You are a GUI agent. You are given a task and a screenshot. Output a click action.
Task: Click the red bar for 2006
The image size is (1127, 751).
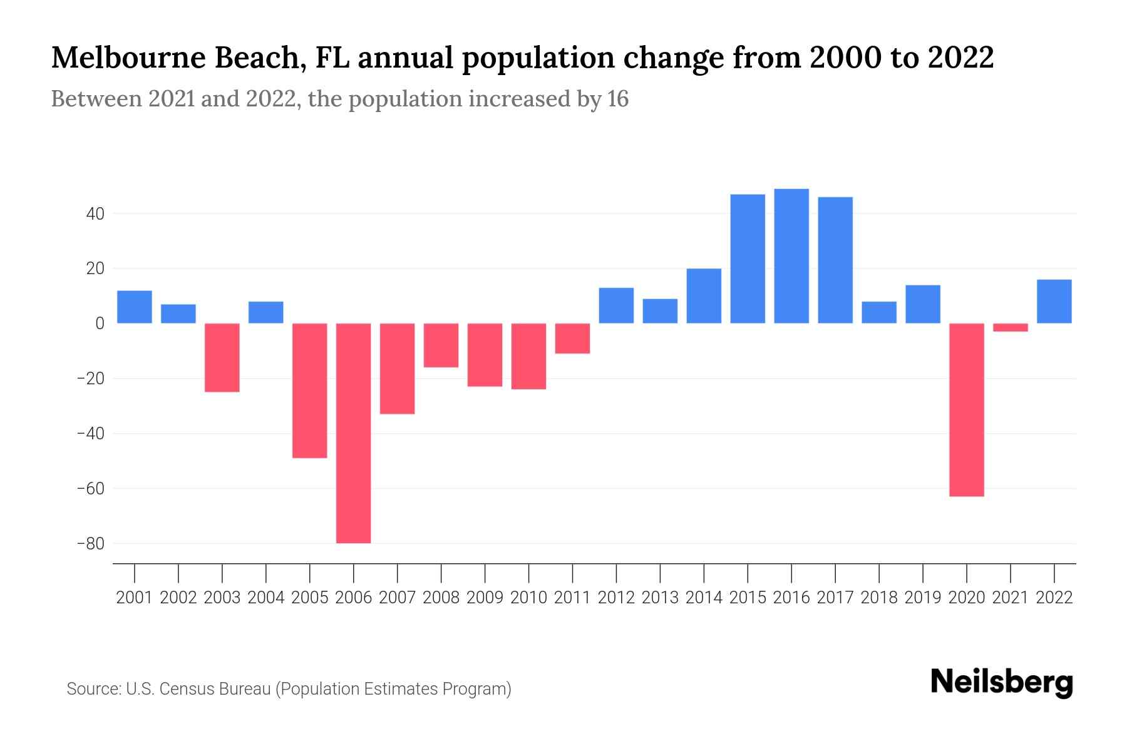[x=353, y=433]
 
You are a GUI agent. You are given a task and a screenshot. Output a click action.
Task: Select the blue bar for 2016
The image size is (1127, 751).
[x=791, y=256]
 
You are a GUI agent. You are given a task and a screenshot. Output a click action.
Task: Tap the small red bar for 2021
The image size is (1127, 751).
[x=1010, y=327]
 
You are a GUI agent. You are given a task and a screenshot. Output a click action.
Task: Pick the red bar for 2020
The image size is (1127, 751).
[x=966, y=410]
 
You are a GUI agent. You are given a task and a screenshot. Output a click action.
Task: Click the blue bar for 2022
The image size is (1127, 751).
[x=1054, y=302]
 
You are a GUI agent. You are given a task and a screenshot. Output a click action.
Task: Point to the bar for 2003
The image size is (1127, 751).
[x=222, y=357]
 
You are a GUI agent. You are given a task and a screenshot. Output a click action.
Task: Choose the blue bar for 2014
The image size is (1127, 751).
[x=704, y=296]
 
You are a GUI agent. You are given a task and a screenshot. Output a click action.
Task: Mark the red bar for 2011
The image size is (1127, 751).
[x=572, y=339]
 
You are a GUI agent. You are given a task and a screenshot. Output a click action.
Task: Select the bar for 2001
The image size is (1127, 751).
[x=135, y=307]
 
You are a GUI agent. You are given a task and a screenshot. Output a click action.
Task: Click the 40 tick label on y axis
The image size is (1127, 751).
[x=95, y=214]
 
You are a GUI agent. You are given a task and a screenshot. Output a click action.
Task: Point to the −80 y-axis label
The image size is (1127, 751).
[x=90, y=543]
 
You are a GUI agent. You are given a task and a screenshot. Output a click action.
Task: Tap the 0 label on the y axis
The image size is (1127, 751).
[x=100, y=324]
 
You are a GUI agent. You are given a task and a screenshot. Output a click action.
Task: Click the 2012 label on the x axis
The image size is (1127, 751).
[x=616, y=598]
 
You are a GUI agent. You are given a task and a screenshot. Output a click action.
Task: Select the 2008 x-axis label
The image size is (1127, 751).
[x=441, y=598]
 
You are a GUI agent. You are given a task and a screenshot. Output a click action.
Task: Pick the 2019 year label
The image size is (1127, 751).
[x=922, y=598]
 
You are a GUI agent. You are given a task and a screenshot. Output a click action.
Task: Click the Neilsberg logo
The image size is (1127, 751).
[x=1002, y=682]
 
